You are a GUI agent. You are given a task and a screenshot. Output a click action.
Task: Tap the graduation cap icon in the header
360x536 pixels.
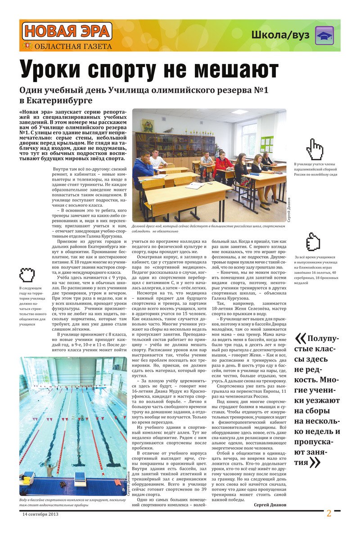(x=324, y=35)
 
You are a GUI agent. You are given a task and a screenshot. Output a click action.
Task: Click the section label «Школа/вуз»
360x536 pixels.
(x=279, y=35)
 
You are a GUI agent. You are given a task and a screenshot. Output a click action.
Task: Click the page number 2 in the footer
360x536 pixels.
(x=329, y=513)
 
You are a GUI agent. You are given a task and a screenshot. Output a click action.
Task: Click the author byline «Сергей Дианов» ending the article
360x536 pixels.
(x=270, y=504)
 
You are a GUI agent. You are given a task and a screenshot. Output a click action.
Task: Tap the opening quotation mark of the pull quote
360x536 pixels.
(x=301, y=338)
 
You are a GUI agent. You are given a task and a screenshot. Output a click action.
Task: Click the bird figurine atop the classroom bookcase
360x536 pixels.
(x=169, y=130)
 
